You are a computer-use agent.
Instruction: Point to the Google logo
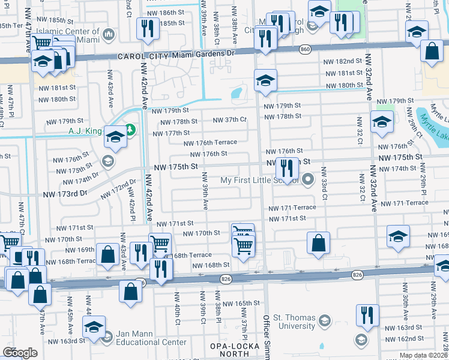19,353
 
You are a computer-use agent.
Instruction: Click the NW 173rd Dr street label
65,194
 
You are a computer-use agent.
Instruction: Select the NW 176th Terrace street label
215,143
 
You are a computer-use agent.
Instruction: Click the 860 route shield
305,49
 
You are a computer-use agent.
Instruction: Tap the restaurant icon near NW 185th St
146,28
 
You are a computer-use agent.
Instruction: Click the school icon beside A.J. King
115,137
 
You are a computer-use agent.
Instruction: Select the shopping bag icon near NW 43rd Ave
107,254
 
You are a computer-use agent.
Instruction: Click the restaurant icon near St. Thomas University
367,315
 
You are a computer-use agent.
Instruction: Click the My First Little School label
261,180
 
